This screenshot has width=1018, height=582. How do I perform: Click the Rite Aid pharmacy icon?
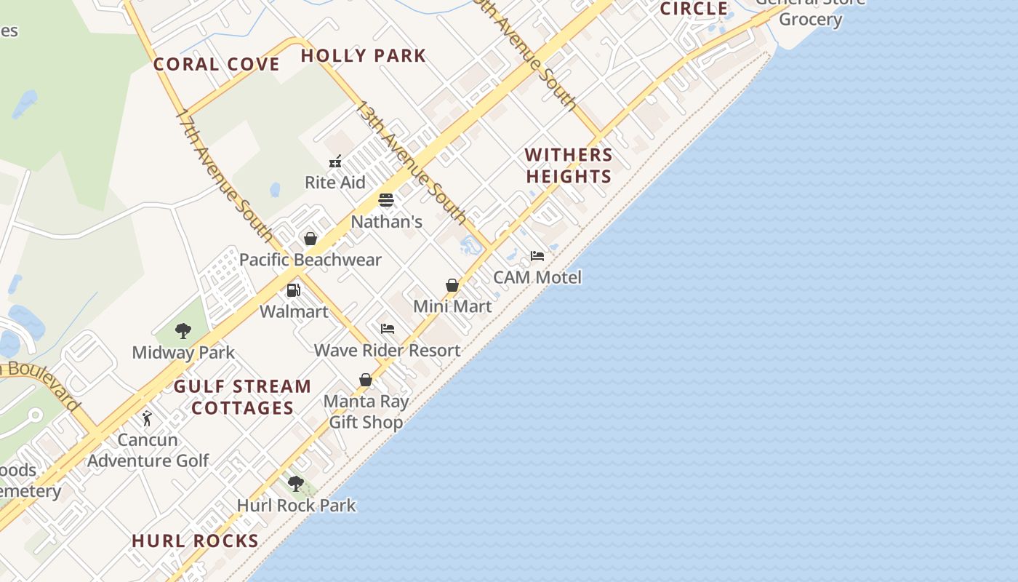coord(335,162)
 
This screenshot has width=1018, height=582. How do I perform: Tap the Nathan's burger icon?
coord(386,200)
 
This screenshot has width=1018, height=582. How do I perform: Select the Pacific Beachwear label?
coord(310,260)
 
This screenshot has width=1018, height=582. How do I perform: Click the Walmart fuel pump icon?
coord(294,290)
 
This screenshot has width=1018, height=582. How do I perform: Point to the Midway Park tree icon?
coord(183,332)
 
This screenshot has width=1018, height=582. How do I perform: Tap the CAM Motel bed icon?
coord(537,256)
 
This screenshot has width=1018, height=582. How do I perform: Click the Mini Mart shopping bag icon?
coord(452,285)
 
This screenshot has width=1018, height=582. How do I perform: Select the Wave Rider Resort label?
coord(388,350)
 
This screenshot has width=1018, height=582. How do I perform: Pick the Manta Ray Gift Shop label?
coord(366,412)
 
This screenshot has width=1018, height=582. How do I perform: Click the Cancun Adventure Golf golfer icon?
coord(148,419)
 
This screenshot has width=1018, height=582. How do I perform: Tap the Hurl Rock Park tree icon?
coord(296,484)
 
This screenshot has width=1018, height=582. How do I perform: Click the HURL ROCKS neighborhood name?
coord(195,541)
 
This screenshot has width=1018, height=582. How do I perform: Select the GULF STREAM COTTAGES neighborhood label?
coord(242,396)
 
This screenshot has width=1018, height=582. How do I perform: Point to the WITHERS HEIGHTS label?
coord(569,165)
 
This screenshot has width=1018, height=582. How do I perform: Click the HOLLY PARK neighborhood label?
coord(363,55)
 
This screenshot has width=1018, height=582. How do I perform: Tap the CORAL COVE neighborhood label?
coord(217,64)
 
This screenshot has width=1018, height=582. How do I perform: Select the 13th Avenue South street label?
coord(411,162)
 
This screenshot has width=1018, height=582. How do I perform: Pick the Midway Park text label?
coord(183,353)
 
